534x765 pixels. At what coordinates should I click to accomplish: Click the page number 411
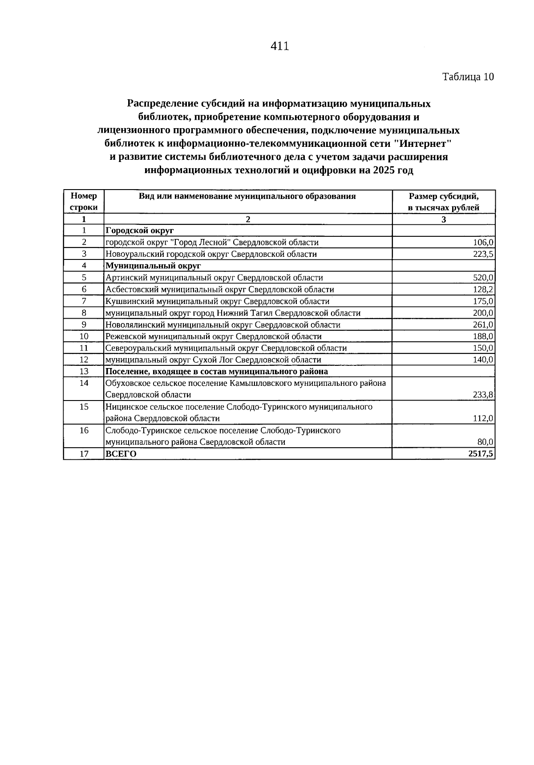pos(280,46)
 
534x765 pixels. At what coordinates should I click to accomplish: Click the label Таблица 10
pos(468,77)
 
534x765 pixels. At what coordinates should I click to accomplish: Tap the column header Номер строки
pos(84,202)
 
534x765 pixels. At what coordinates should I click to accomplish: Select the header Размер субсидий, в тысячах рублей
pos(443,202)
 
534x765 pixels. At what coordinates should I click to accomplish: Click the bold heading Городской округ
pos(139,231)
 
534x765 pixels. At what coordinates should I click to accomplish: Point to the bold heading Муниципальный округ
pos(153,266)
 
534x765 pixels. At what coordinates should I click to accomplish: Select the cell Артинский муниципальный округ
pos(214,278)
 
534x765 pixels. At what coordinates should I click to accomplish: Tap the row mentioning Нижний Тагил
pos(233,313)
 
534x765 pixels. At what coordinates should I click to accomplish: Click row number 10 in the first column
pos(84,336)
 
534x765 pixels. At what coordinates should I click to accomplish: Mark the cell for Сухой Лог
pos(213,360)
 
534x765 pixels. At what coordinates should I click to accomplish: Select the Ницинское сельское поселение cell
pos(239,412)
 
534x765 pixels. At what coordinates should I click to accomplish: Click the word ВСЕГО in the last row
pos(121,454)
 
